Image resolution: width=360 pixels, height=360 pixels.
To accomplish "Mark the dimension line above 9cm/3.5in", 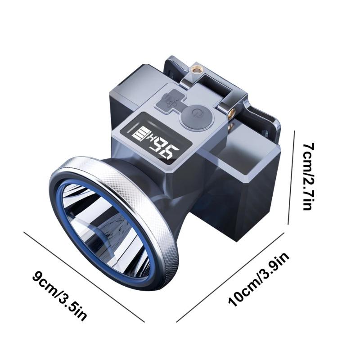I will pos(83,276).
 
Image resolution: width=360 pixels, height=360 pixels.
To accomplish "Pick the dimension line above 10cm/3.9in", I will pos(229,277).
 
